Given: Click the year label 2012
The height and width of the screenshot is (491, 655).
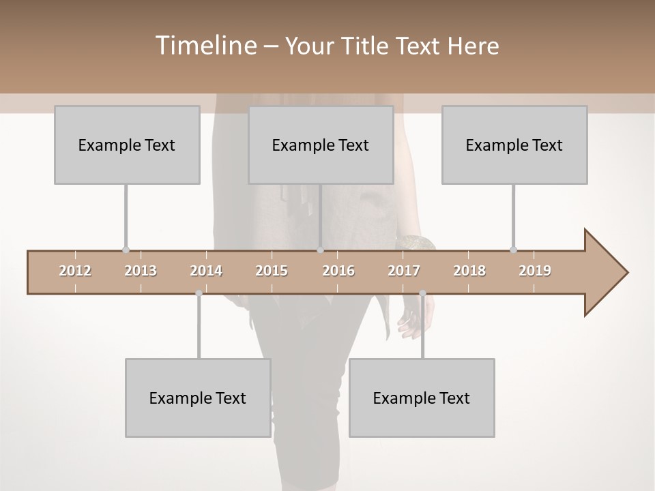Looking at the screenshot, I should (x=75, y=271).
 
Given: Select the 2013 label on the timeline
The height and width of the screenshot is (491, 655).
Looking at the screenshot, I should (x=141, y=271).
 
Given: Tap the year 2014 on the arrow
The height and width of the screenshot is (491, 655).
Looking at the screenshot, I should (x=206, y=271).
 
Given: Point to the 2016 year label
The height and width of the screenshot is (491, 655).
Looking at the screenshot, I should (x=338, y=271).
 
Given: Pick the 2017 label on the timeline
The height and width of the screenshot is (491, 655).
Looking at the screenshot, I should (x=404, y=271).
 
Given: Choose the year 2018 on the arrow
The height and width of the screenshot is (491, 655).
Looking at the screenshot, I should (x=469, y=271).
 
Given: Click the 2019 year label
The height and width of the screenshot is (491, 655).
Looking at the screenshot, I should (x=535, y=271).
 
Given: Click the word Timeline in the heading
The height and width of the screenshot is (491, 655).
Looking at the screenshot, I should (x=204, y=46).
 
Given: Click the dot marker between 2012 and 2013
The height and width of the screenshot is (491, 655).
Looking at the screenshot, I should (x=126, y=250).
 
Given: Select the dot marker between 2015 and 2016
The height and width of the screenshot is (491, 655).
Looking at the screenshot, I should (x=320, y=250).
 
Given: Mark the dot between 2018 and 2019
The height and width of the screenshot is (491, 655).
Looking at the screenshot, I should (x=513, y=250).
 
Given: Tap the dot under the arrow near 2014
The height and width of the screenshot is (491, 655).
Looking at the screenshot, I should (x=199, y=293).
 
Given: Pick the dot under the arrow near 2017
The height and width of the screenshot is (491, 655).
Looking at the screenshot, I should (x=422, y=293).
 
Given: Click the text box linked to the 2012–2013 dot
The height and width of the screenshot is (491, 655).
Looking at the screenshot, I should (x=127, y=145).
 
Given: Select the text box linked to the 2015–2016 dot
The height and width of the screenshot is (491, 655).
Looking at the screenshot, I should (x=321, y=145).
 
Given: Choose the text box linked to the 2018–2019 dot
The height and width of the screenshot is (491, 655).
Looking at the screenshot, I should (x=514, y=145).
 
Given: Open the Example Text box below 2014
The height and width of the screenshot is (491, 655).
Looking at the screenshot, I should (x=198, y=398).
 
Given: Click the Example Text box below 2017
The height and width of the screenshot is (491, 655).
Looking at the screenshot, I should (x=422, y=398).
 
